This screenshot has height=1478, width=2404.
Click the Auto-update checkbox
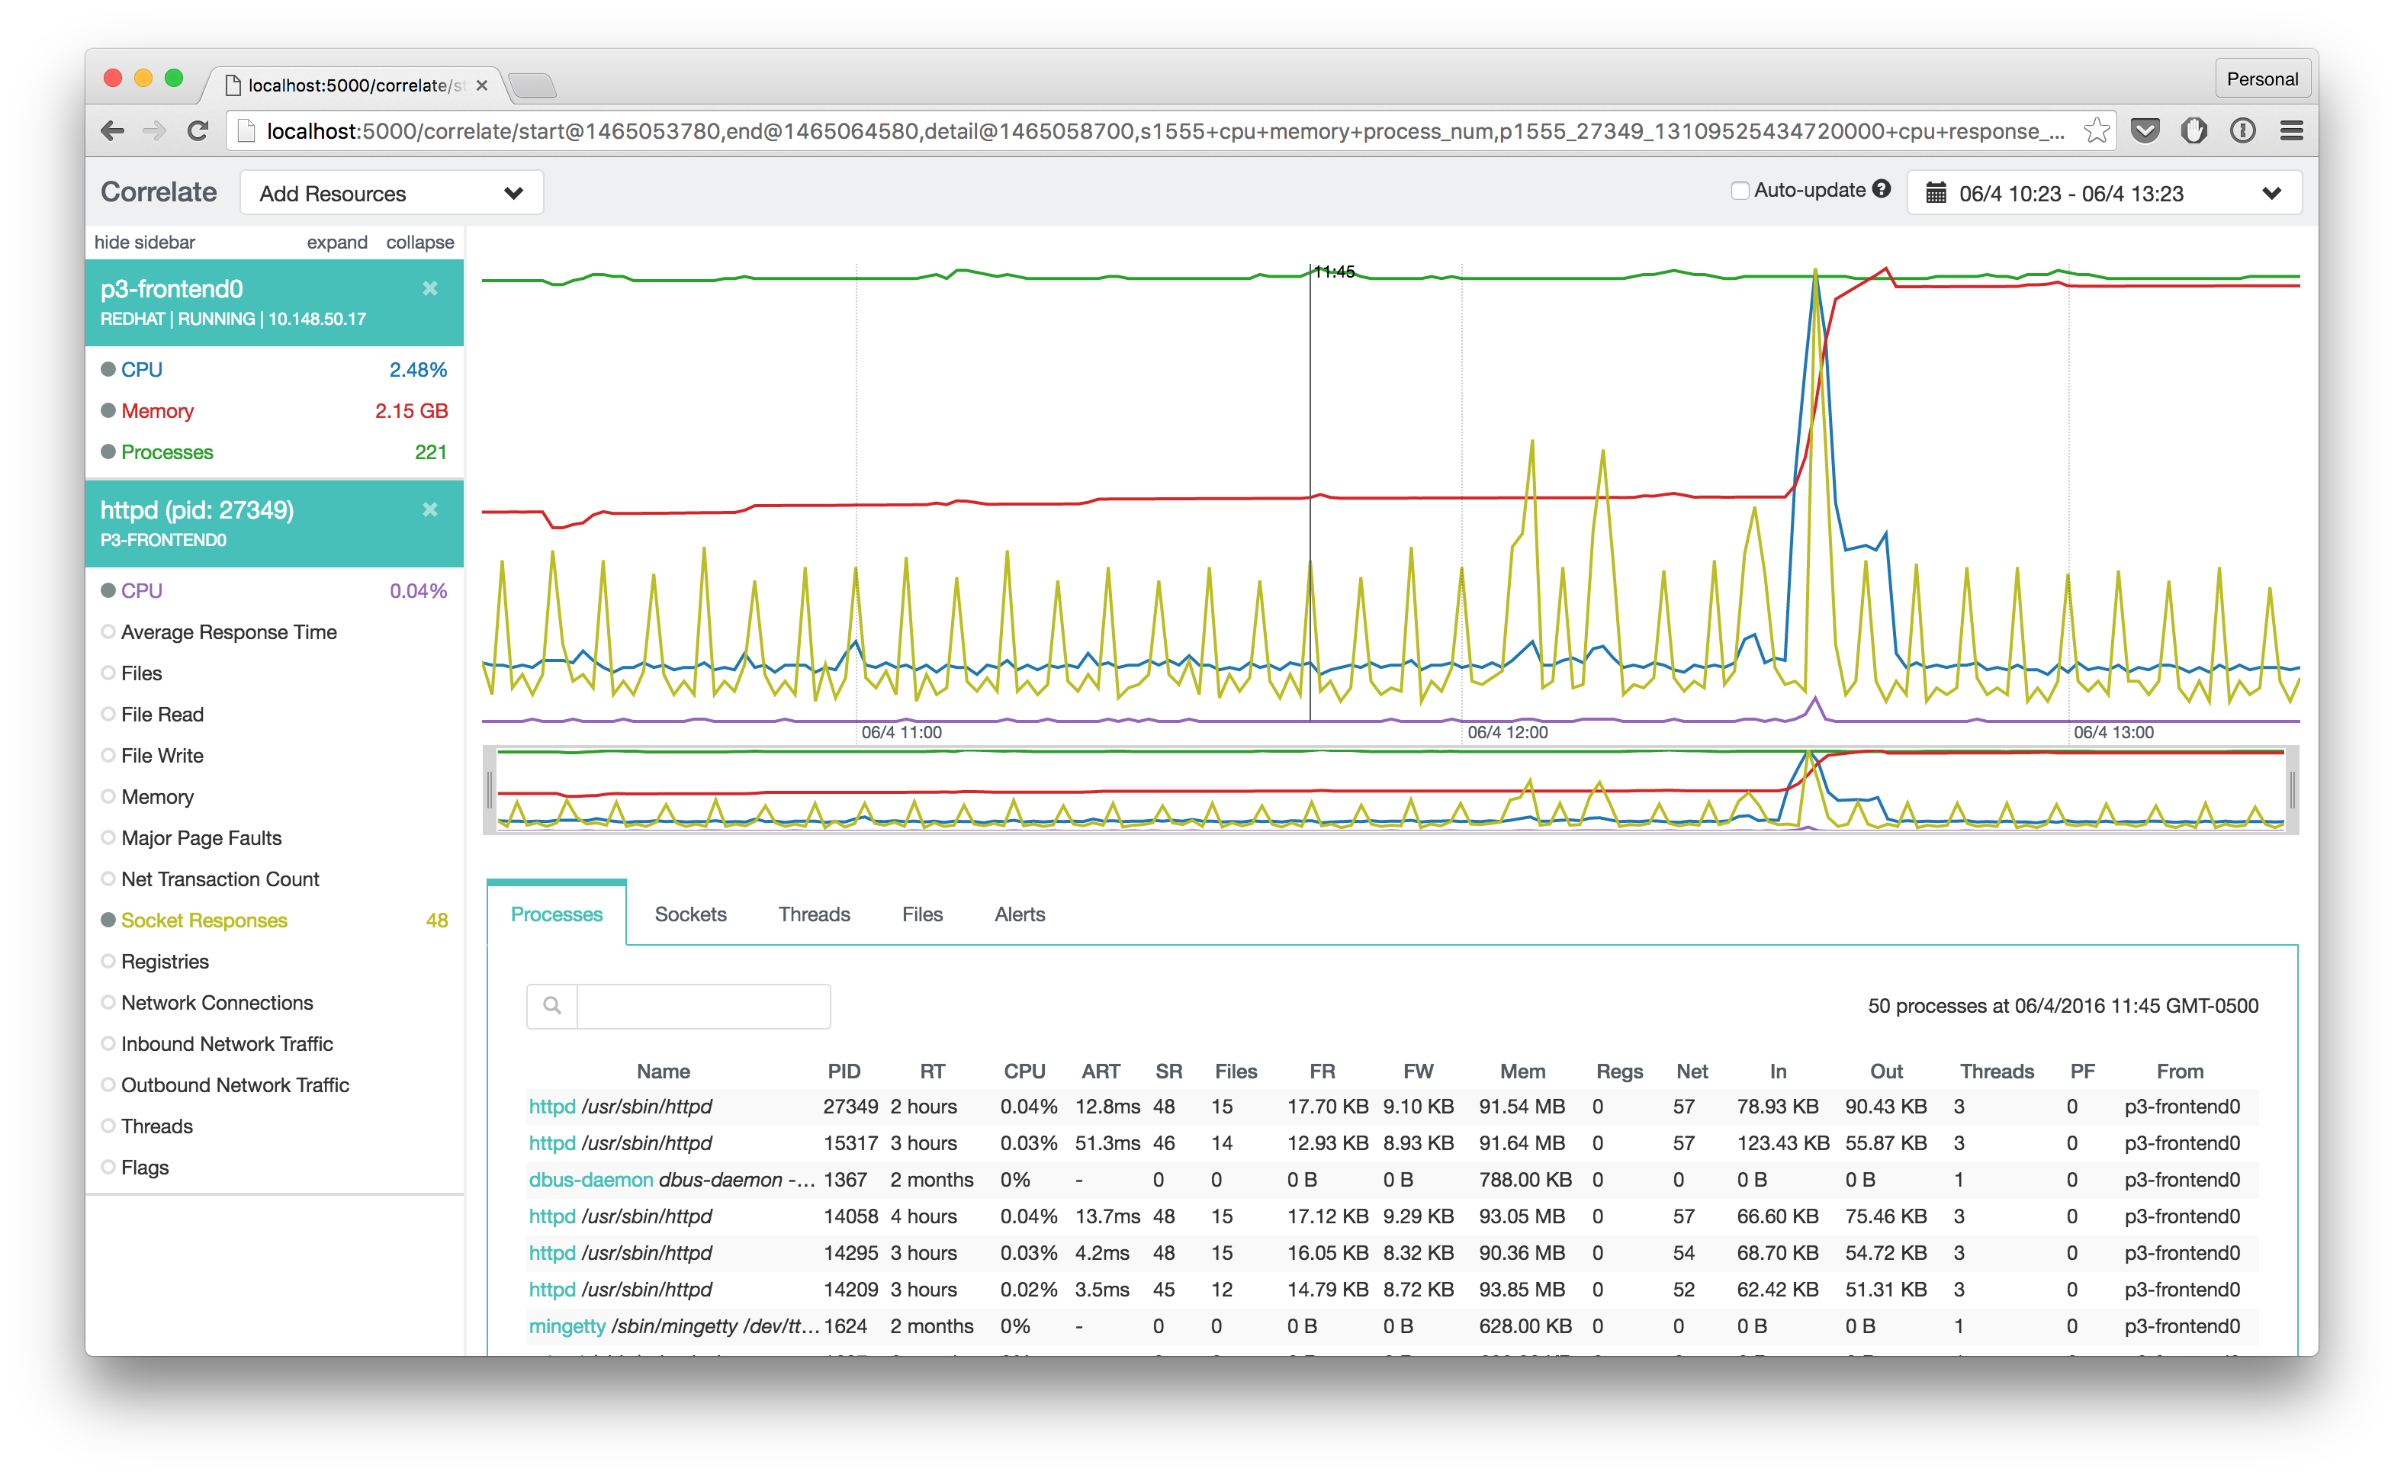coord(1739,191)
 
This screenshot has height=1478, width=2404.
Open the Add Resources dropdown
coord(391,194)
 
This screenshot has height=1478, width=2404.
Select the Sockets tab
coord(690,914)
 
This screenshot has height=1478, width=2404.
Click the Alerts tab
coord(1020,914)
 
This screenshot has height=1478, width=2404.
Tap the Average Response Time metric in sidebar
coord(228,632)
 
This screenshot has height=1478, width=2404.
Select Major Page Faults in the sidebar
coord(201,837)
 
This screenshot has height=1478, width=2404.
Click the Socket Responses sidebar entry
coord(204,920)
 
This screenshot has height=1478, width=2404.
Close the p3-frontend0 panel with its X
coord(430,288)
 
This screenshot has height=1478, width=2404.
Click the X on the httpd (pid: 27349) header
coord(430,509)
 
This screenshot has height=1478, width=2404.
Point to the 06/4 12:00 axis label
coord(1508,732)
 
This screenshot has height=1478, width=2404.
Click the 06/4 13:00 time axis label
coord(2113,732)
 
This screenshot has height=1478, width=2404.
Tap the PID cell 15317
coord(850,1142)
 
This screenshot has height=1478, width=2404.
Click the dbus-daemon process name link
coord(590,1180)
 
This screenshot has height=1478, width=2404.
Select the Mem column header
coord(1522,1072)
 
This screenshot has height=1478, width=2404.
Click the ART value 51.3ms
coord(1107,1142)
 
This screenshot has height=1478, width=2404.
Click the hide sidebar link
coord(145,243)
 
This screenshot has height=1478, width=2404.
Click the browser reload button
coord(198,131)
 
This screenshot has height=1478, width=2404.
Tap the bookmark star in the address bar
coord(2096,131)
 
